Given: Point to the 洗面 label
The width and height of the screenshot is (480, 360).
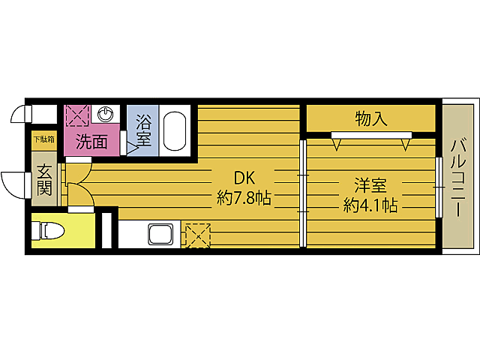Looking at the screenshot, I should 89,140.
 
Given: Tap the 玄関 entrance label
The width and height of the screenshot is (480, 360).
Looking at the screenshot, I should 44,181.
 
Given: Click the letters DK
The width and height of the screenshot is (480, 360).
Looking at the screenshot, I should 244,178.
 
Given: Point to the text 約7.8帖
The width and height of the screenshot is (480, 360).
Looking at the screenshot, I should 244,199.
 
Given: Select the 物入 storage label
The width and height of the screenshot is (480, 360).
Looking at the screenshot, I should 370,118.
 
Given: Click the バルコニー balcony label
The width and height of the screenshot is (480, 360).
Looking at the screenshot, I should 457,178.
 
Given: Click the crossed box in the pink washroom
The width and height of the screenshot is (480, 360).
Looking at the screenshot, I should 77,115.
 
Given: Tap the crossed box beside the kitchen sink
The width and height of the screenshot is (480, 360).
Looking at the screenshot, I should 196,234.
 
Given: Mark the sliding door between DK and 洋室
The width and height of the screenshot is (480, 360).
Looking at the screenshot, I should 303,193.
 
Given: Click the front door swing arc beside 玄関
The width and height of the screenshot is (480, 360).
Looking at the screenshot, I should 13,184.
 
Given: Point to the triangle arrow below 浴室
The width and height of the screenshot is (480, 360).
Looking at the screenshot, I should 133,148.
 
